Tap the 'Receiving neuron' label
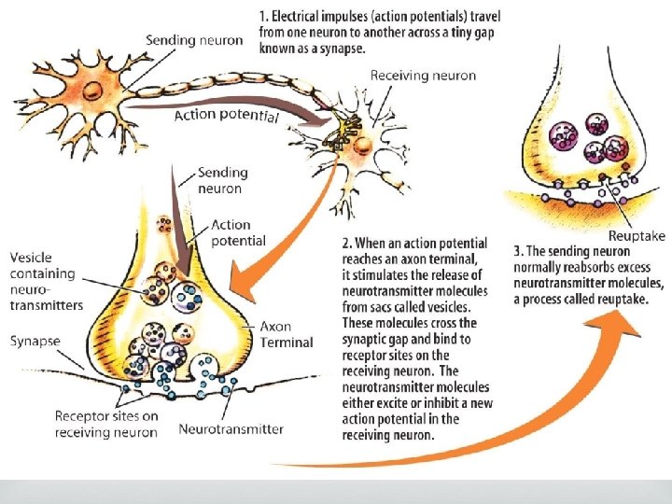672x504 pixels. [x=423, y=76]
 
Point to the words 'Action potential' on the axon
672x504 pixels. [x=226, y=116]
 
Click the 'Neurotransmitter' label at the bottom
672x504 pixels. [x=230, y=430]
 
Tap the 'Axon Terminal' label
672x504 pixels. [x=287, y=335]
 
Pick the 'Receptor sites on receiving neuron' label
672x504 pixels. [x=106, y=424]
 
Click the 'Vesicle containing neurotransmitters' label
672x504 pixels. [x=46, y=280]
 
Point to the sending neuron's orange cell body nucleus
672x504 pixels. [x=93, y=91]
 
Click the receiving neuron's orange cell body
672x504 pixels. [x=366, y=146]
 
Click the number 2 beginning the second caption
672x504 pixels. [x=346, y=241]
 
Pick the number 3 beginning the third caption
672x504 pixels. [x=519, y=250]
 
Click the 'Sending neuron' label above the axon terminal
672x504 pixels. [x=222, y=180]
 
